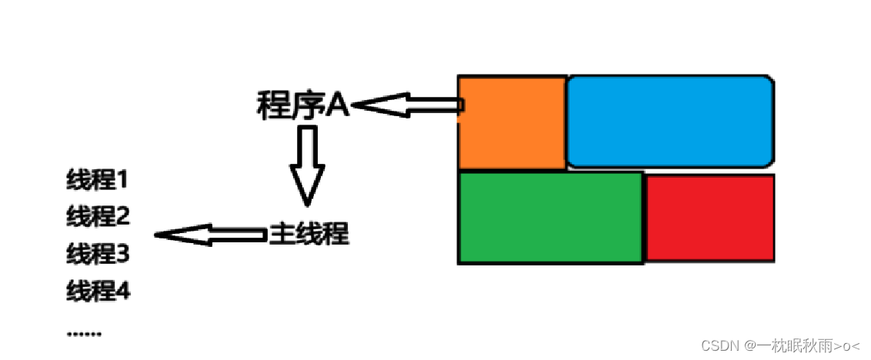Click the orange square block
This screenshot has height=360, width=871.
click(512, 122)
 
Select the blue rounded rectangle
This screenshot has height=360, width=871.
click(670, 121)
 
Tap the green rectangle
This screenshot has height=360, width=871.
click(550, 218)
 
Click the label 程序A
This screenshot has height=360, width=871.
click(303, 106)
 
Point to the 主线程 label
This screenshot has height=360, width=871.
click(309, 234)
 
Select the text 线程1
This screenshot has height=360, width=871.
click(97, 182)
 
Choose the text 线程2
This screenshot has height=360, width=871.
click(97, 217)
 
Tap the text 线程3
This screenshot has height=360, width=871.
click(97, 253)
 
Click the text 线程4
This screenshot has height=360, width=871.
click(97, 291)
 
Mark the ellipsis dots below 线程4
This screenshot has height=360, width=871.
click(84, 333)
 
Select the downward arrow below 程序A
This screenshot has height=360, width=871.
click(307, 165)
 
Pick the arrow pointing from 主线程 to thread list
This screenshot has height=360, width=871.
click(209, 234)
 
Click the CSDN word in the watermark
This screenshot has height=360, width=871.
click(718, 345)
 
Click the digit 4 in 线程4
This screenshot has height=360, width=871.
click(122, 291)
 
